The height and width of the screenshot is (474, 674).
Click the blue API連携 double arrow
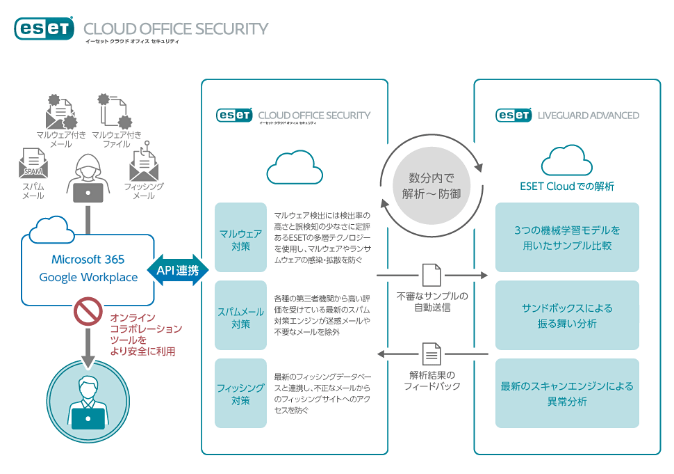pos(178,270)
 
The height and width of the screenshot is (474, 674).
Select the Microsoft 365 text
pos(88,260)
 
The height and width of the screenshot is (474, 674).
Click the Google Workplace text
pos(88,277)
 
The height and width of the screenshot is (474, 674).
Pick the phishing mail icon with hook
pos(144,164)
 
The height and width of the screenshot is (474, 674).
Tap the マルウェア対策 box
pos(240,237)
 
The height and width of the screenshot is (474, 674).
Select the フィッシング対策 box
pos(240,393)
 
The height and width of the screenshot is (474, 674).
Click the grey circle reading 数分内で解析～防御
pos(431,186)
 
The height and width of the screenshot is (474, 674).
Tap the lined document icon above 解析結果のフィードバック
pos(431,355)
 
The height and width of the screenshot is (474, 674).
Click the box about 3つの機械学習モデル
pos(567,237)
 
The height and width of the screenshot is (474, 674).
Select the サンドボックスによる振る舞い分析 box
pos(567,315)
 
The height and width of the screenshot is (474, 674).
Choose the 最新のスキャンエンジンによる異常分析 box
pos(567,393)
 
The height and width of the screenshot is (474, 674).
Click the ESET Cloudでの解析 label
pos(567,187)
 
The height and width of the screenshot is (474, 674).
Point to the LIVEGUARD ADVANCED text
pos(589,116)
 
